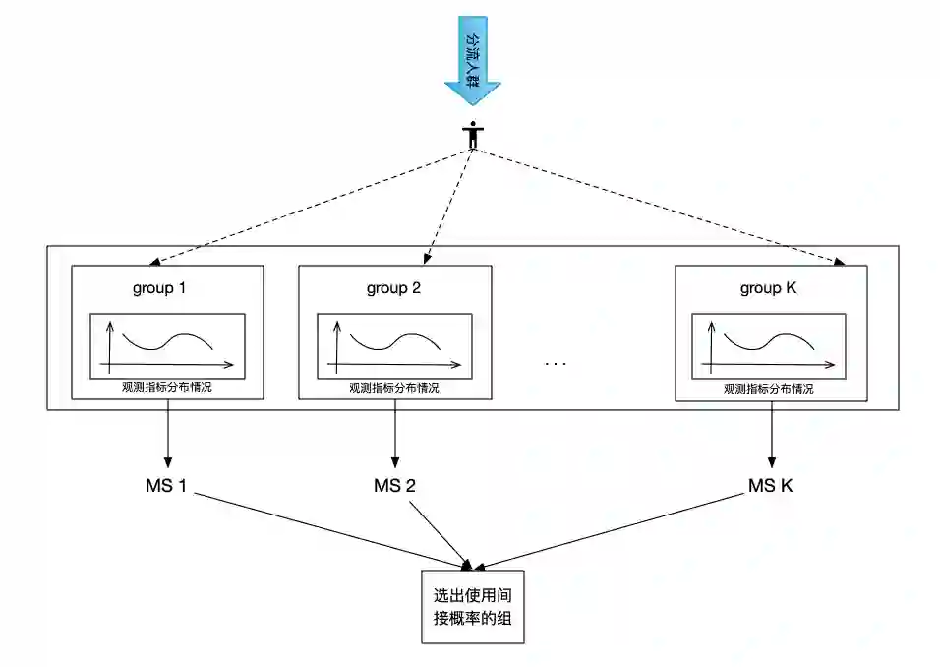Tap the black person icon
click(x=473, y=136)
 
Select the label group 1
click(x=159, y=289)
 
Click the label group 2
click(x=393, y=289)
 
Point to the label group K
click(x=769, y=289)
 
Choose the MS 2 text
click(x=395, y=485)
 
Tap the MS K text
click(x=770, y=485)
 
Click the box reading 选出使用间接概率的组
click(x=473, y=607)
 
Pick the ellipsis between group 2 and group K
click(x=556, y=363)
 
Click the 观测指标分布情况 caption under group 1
click(x=167, y=389)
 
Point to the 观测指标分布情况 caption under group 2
click(x=394, y=389)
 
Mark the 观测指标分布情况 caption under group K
click(x=769, y=389)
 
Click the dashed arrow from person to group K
click(x=669, y=210)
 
